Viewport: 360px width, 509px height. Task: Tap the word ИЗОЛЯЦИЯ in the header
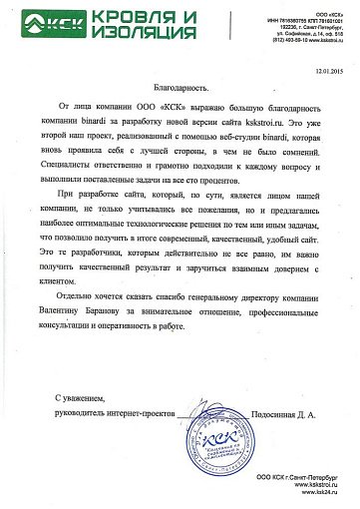pos(124,33)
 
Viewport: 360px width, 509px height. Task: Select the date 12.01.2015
pos(325,71)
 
